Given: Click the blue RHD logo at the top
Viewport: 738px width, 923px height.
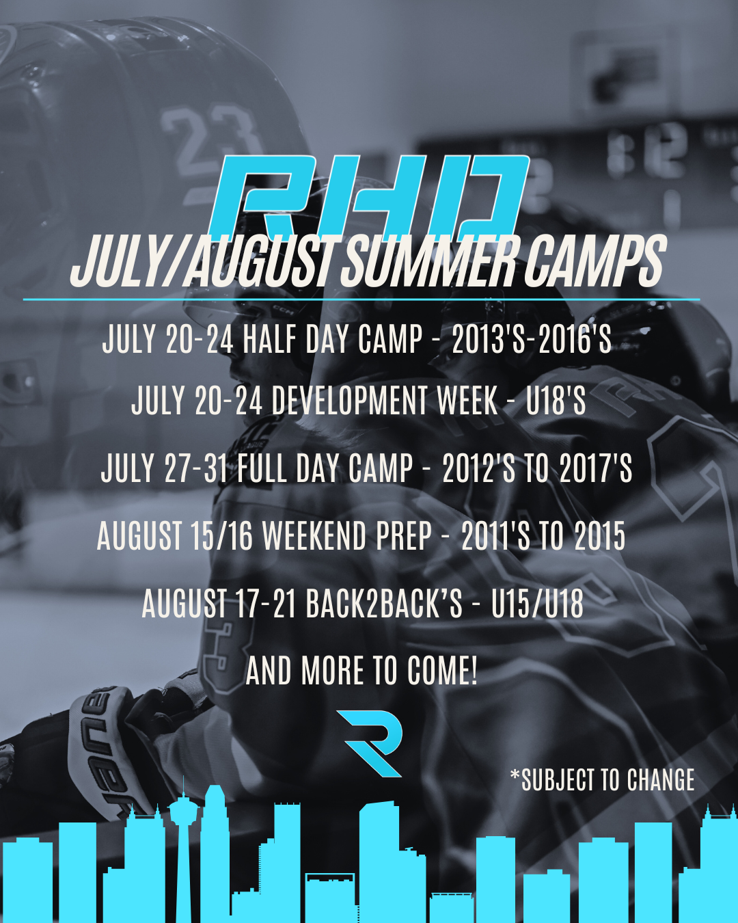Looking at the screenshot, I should point(369,198).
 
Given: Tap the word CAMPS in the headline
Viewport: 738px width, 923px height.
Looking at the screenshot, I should point(594,261).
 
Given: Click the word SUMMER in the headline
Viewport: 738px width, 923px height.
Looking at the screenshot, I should point(430,261).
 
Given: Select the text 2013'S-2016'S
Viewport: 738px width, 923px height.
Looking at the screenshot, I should point(532,339).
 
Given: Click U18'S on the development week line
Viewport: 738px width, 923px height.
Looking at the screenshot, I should point(556,401).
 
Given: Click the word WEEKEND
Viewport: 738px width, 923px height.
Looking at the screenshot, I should point(314,536).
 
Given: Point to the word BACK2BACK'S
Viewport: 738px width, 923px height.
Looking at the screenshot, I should point(384,604).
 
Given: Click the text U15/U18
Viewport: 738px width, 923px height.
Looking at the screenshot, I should point(538,604).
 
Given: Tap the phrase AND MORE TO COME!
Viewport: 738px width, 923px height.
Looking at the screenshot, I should point(361,671).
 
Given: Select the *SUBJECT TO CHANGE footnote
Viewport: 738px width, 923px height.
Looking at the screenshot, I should point(603,780).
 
